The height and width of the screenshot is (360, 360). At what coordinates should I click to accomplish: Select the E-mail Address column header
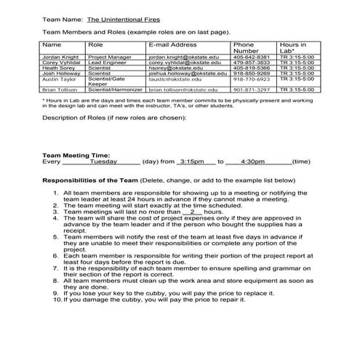click(172, 45)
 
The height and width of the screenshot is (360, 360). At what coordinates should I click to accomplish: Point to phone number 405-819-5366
click(251, 68)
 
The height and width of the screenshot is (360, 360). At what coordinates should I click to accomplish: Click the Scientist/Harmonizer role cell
click(113, 89)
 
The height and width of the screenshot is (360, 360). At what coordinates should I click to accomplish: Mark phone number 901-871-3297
click(251, 89)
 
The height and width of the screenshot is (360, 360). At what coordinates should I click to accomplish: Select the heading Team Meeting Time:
click(76, 155)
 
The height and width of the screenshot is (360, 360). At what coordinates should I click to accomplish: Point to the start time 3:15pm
click(193, 161)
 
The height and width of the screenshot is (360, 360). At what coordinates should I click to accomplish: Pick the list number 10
click(57, 298)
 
